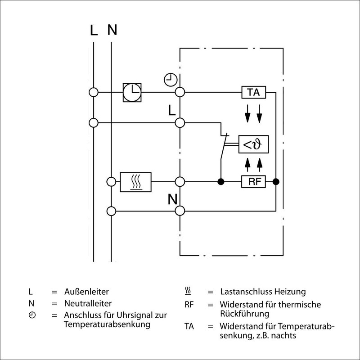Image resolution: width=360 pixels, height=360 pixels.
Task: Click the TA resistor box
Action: [x=253, y=92]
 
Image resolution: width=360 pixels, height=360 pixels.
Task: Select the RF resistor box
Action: [x=253, y=182]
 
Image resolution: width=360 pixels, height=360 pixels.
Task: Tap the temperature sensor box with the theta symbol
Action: [x=253, y=145]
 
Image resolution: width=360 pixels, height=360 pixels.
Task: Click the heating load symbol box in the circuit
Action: [x=135, y=182]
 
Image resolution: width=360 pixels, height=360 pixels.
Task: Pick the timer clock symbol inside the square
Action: [x=132, y=92]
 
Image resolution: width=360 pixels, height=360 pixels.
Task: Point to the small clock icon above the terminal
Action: [x=170, y=80]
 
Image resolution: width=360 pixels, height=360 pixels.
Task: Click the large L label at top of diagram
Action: [x=93, y=31]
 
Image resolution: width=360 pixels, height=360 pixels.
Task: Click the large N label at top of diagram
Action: [x=112, y=31]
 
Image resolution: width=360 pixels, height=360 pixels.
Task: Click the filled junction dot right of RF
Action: [x=275, y=182]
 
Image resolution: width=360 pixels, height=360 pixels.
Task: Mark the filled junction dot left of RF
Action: [x=221, y=182]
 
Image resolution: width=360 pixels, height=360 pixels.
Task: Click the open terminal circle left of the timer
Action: [x=94, y=92]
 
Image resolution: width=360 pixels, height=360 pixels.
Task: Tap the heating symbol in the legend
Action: [x=189, y=292]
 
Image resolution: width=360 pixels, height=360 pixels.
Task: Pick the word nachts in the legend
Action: [x=285, y=335]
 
